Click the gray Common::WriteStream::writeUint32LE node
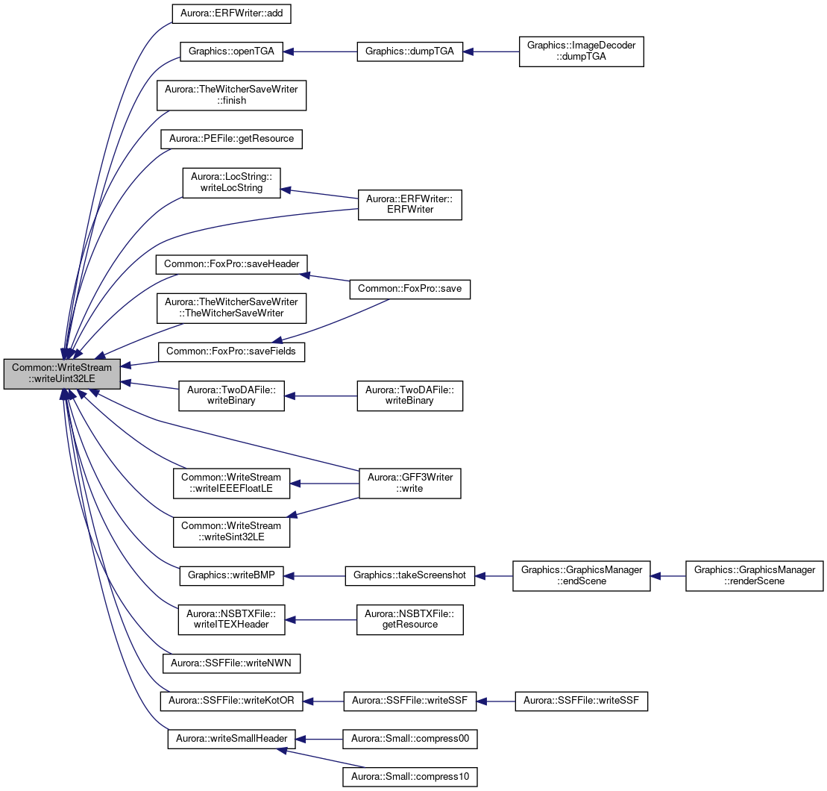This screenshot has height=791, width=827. point(62,374)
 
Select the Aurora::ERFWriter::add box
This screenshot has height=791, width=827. point(231,13)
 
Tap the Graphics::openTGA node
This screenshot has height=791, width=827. point(231,51)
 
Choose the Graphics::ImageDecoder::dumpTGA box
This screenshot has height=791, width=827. point(581,51)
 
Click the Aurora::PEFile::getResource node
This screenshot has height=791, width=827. point(231,139)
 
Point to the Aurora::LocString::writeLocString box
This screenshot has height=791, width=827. point(231,183)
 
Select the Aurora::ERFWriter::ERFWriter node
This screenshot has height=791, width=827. point(410,204)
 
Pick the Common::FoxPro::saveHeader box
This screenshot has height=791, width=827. point(231,264)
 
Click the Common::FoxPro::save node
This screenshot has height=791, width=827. point(410,290)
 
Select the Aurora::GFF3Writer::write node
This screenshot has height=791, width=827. point(410,484)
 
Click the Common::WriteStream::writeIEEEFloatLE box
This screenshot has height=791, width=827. point(231,484)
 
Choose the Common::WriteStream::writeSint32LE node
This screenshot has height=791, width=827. point(231,532)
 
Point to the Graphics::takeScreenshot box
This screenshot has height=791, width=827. point(410,575)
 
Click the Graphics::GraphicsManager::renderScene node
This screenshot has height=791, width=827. point(755,575)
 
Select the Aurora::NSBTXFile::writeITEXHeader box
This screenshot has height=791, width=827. point(231,619)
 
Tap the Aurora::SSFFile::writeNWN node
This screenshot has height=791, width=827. point(231,663)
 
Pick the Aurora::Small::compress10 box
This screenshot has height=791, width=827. point(410,778)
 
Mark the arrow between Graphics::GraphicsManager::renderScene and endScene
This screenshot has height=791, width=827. point(667,575)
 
